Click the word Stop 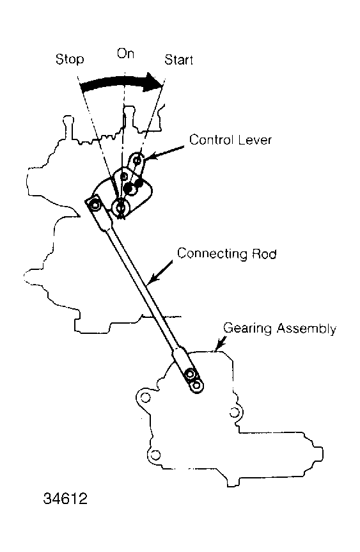[70, 59]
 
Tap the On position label [125, 54]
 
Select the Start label [179, 60]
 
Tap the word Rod [264, 254]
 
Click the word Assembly [306, 329]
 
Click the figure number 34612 [65, 498]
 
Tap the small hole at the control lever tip [137, 161]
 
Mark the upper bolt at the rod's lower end [191, 374]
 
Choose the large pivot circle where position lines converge [121, 207]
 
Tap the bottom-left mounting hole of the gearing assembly [155, 455]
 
